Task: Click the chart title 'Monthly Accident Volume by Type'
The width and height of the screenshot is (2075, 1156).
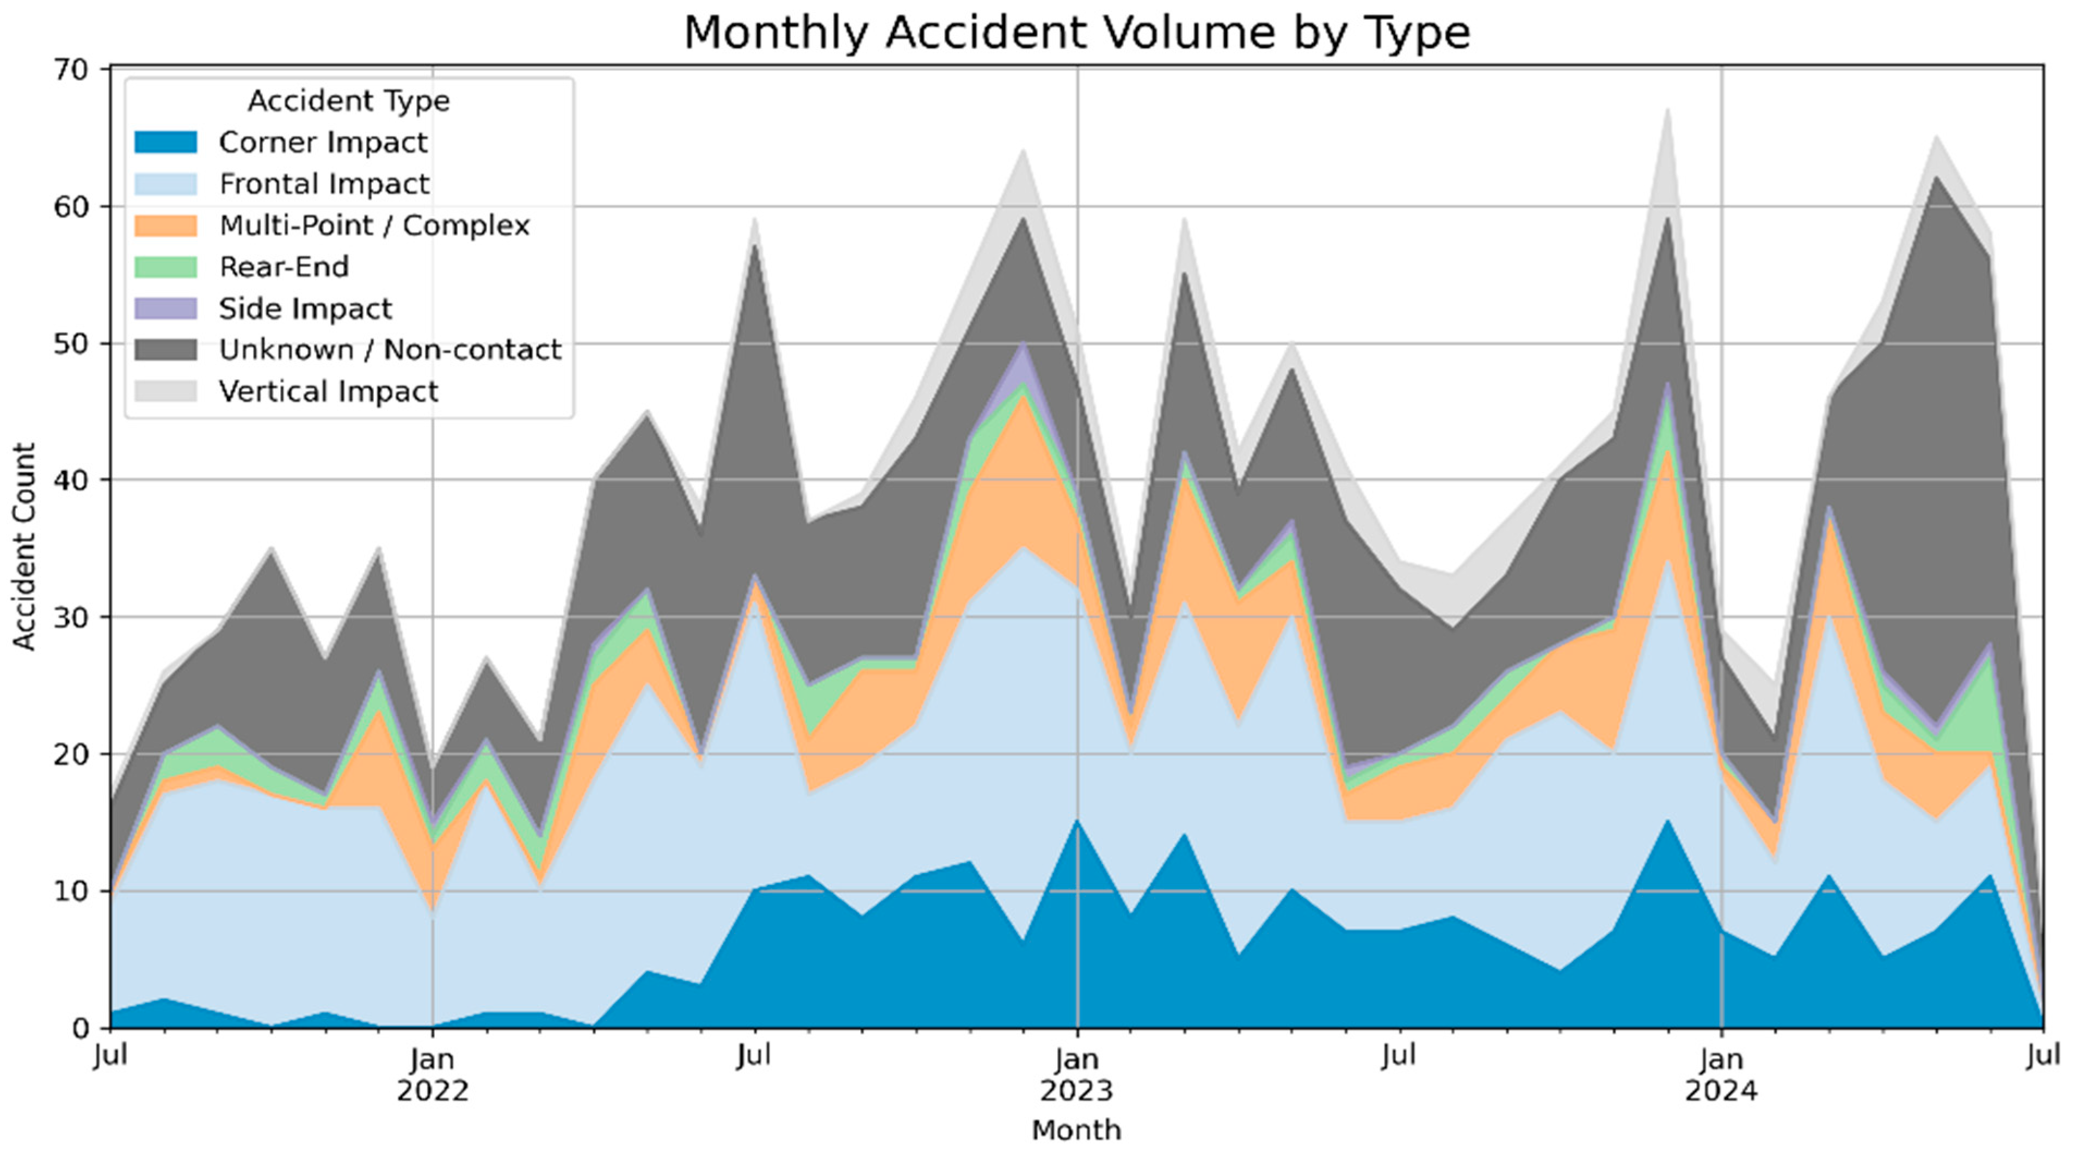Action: pyautogui.click(x=1077, y=34)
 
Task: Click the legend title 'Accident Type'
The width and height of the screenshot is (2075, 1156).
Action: pyautogui.click(x=349, y=101)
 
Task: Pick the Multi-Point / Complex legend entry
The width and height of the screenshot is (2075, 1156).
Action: pyautogui.click(x=333, y=225)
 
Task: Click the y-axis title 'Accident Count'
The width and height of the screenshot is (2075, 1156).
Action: pyautogui.click(x=24, y=546)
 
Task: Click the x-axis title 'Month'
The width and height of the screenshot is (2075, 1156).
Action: pyautogui.click(x=1077, y=1130)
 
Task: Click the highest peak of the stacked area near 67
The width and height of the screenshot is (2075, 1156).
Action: pyautogui.click(x=1667, y=109)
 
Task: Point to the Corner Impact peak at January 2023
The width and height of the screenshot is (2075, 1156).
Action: pyautogui.click(x=1077, y=821)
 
